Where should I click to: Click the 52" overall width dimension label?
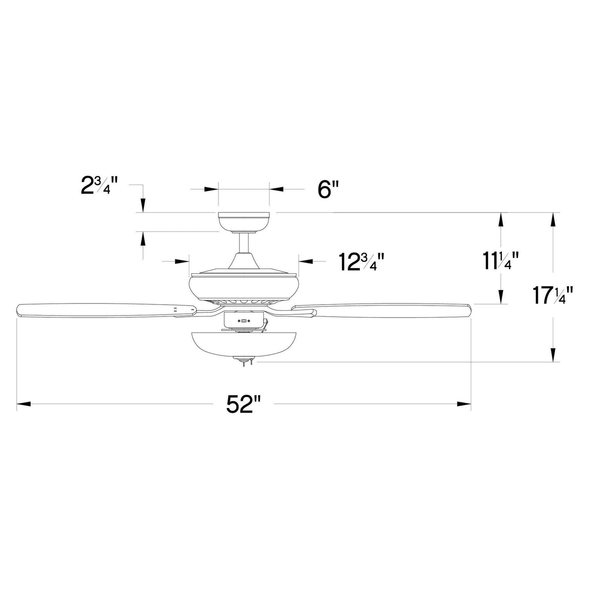pyautogui.click(x=244, y=404)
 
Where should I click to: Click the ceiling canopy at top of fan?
pyautogui.click(x=244, y=222)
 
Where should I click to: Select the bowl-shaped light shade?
pyautogui.click(x=244, y=344)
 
